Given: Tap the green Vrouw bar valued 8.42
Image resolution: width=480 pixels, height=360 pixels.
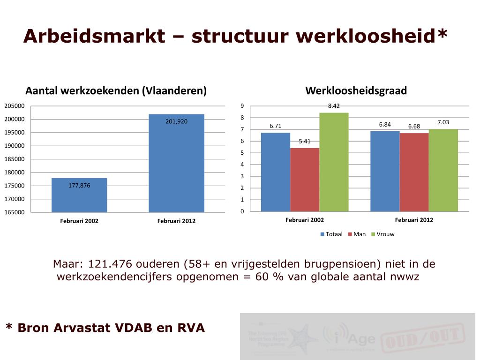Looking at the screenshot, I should pyautogui.click(x=334, y=162).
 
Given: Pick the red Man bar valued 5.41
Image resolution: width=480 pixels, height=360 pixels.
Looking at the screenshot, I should pyautogui.click(x=305, y=180).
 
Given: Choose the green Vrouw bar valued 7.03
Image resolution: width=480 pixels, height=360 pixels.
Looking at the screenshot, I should pyautogui.click(x=443, y=171).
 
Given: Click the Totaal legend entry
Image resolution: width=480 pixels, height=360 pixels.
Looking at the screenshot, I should pyautogui.click(x=331, y=234).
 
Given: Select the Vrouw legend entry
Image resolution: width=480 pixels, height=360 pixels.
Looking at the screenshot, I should pyautogui.click(x=382, y=234).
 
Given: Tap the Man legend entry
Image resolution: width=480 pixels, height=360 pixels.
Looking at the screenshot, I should pyautogui.click(x=357, y=234).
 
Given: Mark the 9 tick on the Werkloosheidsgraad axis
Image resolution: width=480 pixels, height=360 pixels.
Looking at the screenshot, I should pyautogui.click(x=242, y=106).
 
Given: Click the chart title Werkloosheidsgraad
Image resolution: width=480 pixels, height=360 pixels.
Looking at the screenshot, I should pyautogui.click(x=356, y=91).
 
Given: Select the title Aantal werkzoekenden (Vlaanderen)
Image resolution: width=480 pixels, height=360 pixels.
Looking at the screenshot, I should pyautogui.click(x=116, y=91).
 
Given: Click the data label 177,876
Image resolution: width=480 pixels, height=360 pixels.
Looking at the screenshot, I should pyautogui.click(x=79, y=186).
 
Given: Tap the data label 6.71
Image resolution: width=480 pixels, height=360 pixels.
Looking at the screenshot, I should pyautogui.click(x=276, y=126).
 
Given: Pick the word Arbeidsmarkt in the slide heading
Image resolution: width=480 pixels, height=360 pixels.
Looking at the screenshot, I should pyautogui.click(x=94, y=36).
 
